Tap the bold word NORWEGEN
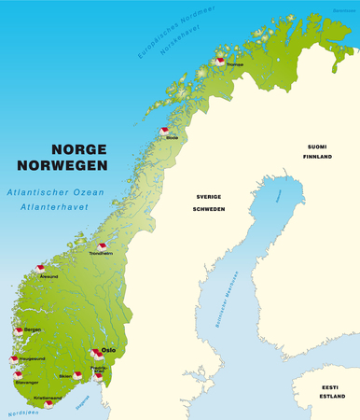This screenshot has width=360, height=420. pyautogui.click(x=80, y=167)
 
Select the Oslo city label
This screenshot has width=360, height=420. pyautogui.click(x=108, y=350)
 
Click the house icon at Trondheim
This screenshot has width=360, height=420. pyautogui.click(x=103, y=247)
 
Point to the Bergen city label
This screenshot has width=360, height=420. pyautogui.click(x=33, y=329)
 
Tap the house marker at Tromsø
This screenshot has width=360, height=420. pyautogui.click(x=220, y=61)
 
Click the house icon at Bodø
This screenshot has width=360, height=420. pyautogui.click(x=164, y=131)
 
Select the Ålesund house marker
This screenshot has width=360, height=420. pyautogui.click(x=41, y=269)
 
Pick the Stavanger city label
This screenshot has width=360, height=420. pyautogui.click(x=27, y=382)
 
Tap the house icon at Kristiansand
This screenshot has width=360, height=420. pyautogui.click(x=48, y=404)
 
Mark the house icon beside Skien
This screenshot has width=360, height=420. pyautogui.click(x=77, y=375)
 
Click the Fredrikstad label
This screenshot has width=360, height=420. pyautogui.click(x=100, y=370)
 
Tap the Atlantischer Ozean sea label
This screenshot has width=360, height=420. pyautogui.click(x=46, y=190)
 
